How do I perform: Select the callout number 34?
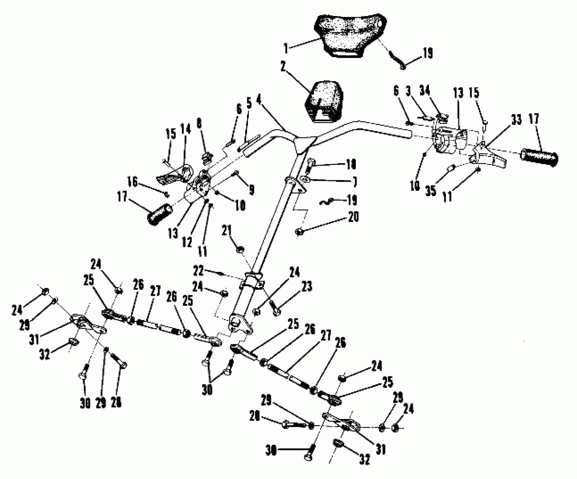[425, 91]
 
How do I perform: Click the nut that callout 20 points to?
[299, 232]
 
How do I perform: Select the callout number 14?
[186, 129]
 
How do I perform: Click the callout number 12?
[187, 242]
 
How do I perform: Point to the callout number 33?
[516, 120]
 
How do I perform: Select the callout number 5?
[249, 104]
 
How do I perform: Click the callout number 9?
[252, 190]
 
